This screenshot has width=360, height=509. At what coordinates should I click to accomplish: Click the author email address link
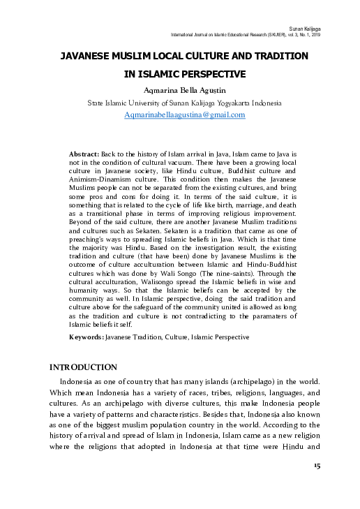(184, 115)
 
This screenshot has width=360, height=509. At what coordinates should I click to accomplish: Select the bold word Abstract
(84, 152)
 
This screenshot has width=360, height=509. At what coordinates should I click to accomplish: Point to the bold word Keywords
(86, 337)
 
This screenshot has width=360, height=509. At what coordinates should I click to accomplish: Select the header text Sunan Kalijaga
(324, 29)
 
